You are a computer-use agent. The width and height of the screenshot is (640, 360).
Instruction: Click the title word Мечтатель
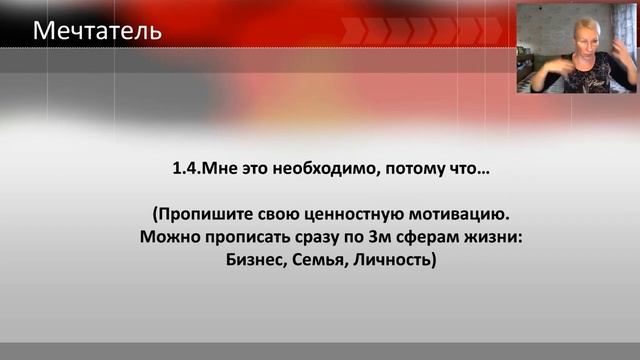tap(97, 31)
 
